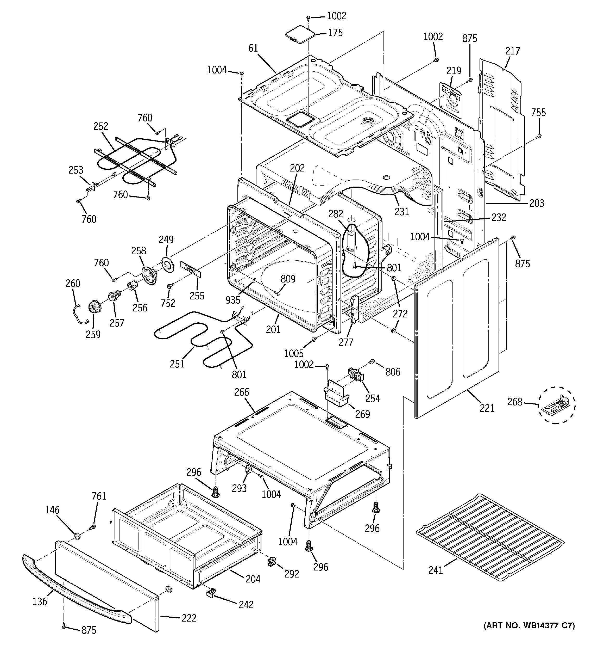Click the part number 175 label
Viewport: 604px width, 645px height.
pyautogui.click(x=335, y=33)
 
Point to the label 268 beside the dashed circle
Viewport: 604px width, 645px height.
pyautogui.click(x=515, y=402)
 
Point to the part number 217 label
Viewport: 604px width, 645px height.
pyautogui.click(x=512, y=51)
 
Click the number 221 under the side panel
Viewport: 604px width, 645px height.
pyautogui.click(x=487, y=408)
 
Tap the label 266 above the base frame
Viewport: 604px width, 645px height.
pyautogui.click(x=242, y=392)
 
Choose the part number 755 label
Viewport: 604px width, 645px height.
pyautogui.click(x=538, y=113)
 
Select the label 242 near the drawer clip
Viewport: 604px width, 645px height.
pyautogui.click(x=246, y=604)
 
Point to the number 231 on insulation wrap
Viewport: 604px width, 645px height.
pyautogui.click(x=402, y=212)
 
